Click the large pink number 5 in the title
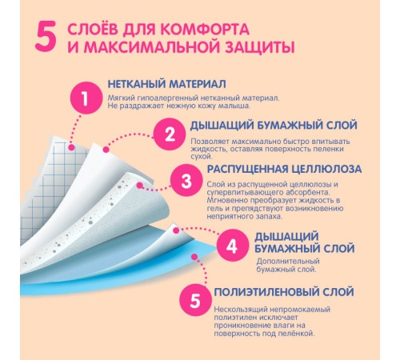tap(46, 36)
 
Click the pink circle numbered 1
tap(86, 98)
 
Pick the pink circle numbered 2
tap(170, 134)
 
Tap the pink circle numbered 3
tap(186, 181)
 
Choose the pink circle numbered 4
tap(232, 246)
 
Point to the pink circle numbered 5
tap(195, 300)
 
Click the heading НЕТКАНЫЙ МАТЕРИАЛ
tap(167, 84)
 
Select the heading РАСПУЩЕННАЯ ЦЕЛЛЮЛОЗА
tap(284, 169)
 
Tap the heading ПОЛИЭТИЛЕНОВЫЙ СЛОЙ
tap(284, 292)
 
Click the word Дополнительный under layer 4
tap(288, 261)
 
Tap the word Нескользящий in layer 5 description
tap(240, 310)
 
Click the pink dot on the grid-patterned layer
tap(71, 147)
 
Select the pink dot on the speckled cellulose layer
tap(140, 185)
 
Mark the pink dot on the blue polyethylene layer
tap(194, 257)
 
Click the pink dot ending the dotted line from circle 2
tap(106, 150)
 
